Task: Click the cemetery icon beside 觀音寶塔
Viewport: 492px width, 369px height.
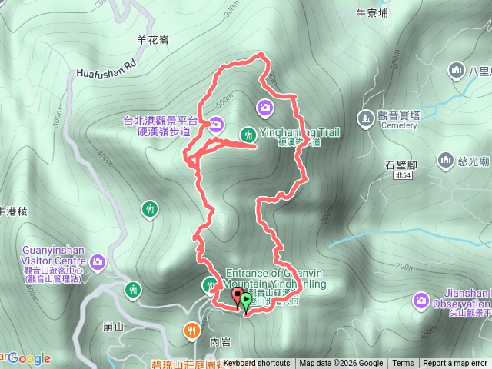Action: pyautogui.click(x=365, y=117)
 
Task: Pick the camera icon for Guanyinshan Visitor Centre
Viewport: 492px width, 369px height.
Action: pyautogui.click(x=97, y=263)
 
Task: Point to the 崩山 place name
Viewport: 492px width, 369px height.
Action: pyautogui.click(x=112, y=327)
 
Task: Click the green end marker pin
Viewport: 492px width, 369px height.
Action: pyautogui.click(x=246, y=301)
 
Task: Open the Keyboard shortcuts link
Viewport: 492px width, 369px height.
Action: pyautogui.click(x=257, y=364)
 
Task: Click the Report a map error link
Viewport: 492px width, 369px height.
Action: pyautogui.click(x=454, y=364)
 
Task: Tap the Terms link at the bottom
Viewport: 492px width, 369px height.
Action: pyautogui.click(x=403, y=364)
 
